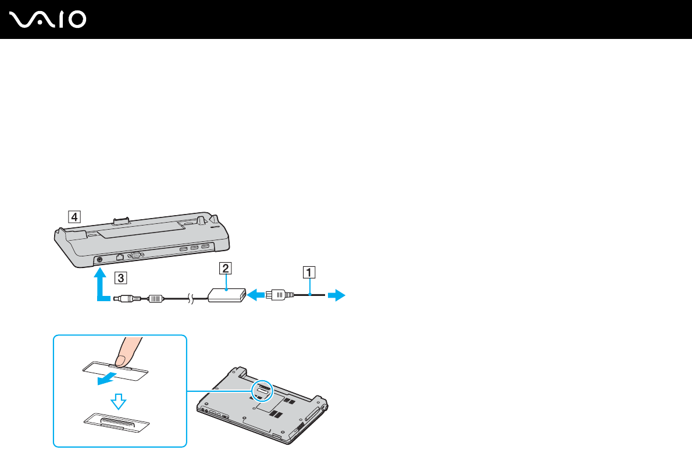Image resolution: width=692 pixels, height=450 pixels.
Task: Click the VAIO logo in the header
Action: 48,20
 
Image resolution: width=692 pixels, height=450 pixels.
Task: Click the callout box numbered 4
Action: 73,217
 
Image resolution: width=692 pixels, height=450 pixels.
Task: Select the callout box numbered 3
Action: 119,277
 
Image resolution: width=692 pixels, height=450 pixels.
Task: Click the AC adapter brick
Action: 225,295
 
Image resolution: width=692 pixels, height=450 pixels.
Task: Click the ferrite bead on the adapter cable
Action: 155,298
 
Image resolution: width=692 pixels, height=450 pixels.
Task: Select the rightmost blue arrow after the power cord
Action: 336,296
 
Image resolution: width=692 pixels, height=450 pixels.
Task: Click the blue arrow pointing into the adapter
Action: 254,295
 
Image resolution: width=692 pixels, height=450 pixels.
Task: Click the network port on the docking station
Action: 119,256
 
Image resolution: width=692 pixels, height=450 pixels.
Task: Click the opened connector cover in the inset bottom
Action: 117,422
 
